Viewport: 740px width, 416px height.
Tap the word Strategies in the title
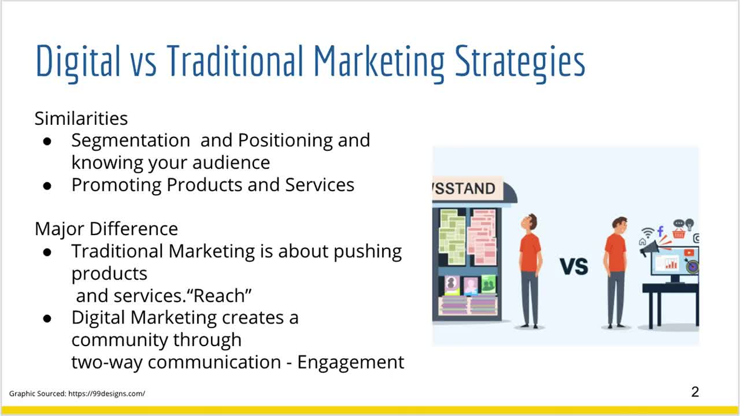click(520, 63)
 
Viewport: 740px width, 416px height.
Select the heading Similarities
click(82, 118)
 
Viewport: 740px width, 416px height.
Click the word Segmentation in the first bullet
click(131, 140)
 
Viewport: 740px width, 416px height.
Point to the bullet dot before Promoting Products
click(47, 186)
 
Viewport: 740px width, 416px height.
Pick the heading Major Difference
click(106, 229)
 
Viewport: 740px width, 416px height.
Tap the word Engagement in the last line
click(350, 362)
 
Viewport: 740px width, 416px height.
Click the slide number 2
click(695, 392)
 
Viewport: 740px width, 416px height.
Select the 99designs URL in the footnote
click(107, 393)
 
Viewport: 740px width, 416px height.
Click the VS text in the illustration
click(574, 267)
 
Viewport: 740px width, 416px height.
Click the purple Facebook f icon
click(660, 231)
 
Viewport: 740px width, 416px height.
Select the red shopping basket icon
click(679, 234)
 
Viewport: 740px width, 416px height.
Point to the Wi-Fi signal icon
click(648, 232)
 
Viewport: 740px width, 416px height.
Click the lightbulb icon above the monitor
click(690, 224)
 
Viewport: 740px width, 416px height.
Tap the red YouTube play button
click(689, 253)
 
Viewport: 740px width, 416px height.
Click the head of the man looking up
click(528, 223)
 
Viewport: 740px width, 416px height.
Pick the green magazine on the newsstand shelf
click(489, 284)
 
